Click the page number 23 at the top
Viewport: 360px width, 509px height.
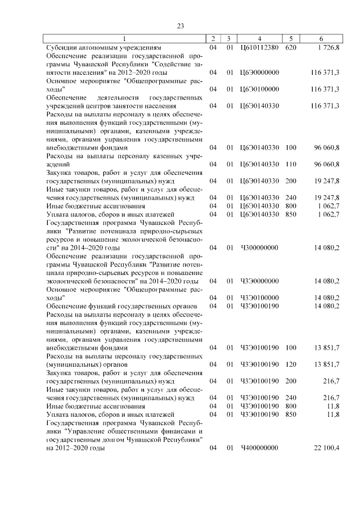point(180,26)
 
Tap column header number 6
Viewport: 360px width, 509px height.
point(320,39)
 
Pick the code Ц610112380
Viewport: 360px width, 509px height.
point(259,48)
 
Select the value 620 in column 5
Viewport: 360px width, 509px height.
point(291,48)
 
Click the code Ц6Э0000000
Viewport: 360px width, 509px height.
point(259,73)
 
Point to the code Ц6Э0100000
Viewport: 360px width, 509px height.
point(259,89)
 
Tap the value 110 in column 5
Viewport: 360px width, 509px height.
point(291,164)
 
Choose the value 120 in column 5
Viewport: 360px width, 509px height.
point(291,364)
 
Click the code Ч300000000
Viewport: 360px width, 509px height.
point(259,247)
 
